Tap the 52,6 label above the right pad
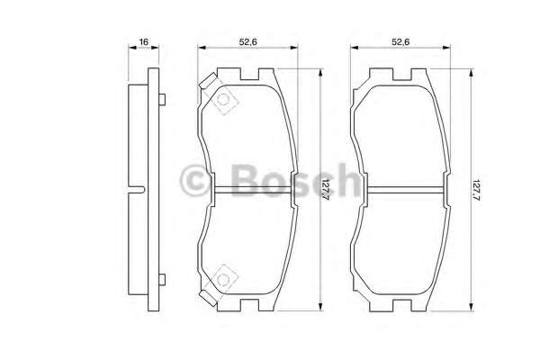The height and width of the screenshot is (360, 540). click(x=400, y=41)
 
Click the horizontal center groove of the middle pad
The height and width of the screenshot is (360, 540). click(x=252, y=190)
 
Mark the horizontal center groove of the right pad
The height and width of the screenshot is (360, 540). click(x=402, y=190)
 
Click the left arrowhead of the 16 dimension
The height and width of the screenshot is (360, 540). click(x=127, y=51)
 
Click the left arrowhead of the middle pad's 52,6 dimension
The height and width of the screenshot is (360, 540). click(x=201, y=51)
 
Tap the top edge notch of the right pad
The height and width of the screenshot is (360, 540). click(x=401, y=71)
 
